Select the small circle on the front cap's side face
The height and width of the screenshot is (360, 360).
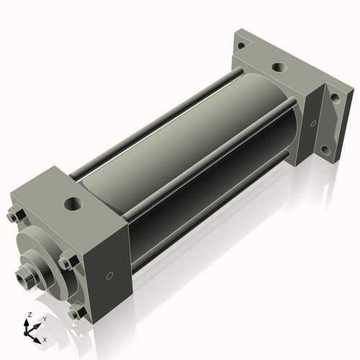pos(109,276)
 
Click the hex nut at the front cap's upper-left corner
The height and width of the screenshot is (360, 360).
pos(14,216)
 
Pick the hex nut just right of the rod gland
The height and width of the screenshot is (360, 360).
pos(66,263)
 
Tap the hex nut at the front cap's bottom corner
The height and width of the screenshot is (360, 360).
pos(74,313)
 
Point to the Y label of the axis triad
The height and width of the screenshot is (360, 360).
pos(45,318)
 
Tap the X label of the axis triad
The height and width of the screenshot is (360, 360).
pos(45,338)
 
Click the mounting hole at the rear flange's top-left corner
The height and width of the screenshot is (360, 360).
pos(241,45)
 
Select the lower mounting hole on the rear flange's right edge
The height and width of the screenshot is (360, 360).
pos(325,150)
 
